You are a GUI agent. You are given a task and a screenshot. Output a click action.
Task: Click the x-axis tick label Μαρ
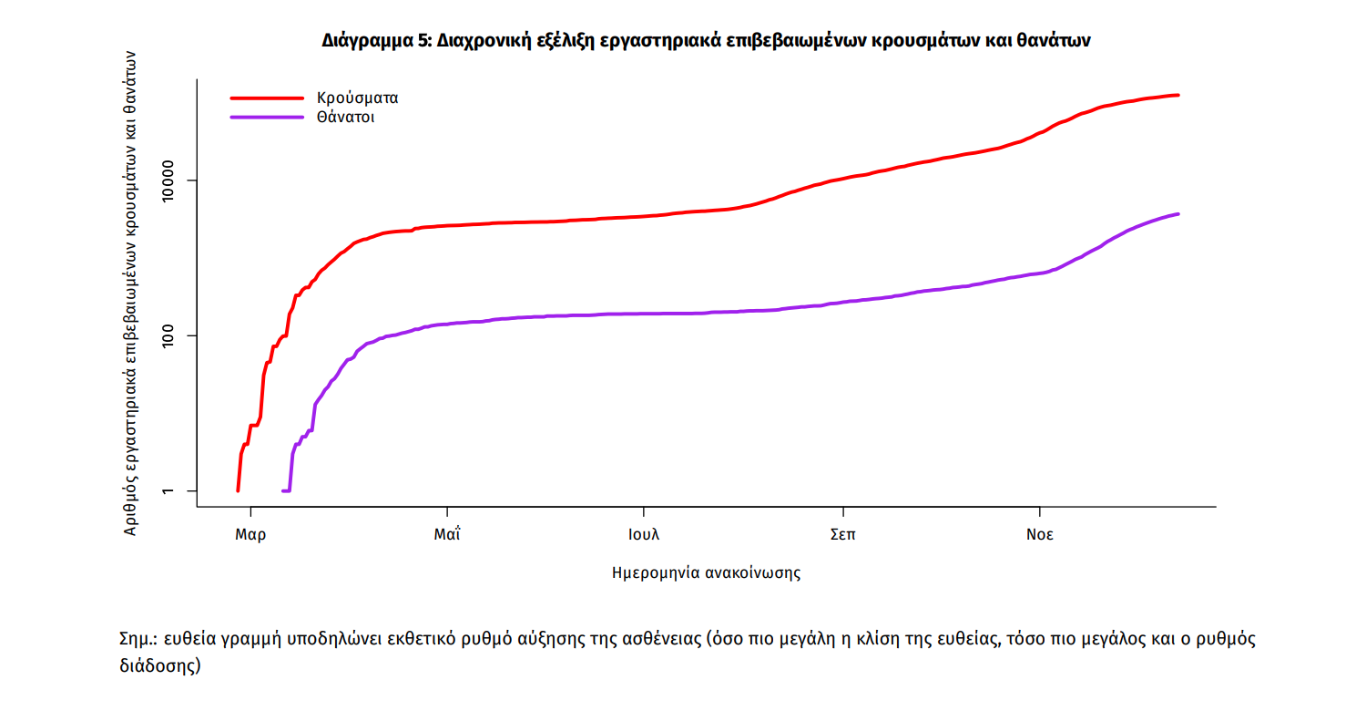click(x=250, y=535)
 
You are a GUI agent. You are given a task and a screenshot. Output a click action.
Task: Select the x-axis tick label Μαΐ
click(x=446, y=535)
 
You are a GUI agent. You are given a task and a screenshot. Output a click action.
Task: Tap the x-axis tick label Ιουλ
click(x=643, y=535)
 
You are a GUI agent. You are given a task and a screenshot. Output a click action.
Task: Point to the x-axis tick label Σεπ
click(x=842, y=535)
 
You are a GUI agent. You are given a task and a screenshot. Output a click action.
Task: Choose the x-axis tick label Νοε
click(x=1039, y=535)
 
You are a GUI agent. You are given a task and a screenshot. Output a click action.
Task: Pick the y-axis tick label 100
click(x=172, y=335)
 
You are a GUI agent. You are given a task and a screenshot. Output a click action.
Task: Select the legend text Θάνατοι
click(x=345, y=118)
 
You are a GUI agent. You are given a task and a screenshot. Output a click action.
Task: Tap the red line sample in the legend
click(x=266, y=97)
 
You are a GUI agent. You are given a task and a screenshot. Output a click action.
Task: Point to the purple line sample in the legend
click(x=266, y=117)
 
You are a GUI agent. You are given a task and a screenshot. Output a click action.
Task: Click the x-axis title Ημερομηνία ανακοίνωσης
click(x=707, y=573)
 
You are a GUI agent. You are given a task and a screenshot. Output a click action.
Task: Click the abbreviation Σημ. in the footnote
click(x=138, y=639)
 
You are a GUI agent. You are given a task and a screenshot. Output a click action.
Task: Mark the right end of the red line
click(x=1178, y=95)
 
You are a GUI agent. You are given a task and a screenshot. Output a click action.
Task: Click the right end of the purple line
click(x=1178, y=214)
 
